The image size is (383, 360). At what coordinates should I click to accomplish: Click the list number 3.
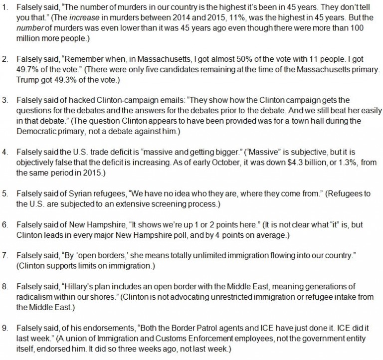(5, 100)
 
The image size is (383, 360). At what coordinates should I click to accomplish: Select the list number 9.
(5, 326)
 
